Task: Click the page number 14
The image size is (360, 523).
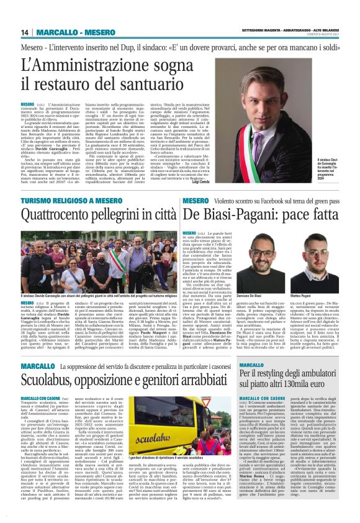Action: click(25, 32)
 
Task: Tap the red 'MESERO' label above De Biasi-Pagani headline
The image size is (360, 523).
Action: click(194, 202)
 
